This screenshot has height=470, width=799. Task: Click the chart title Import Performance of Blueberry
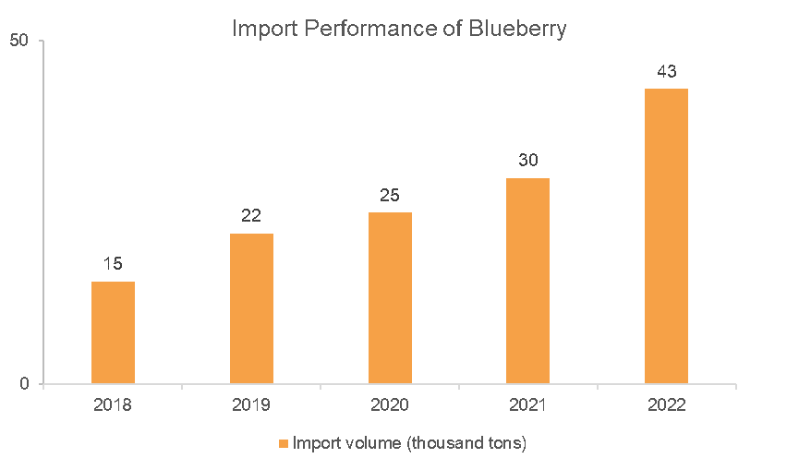[x=399, y=29]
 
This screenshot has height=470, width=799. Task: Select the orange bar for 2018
[x=113, y=332]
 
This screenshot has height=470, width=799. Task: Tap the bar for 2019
[x=252, y=308]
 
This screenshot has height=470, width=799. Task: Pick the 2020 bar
[x=391, y=298]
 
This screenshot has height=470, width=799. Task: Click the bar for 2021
[x=528, y=281]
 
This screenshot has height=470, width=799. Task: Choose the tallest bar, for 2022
[x=667, y=236]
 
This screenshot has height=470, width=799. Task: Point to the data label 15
[x=113, y=263]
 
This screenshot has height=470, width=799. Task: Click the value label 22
[x=251, y=215]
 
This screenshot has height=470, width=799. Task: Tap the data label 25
[x=390, y=195]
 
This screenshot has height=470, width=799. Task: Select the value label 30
[x=528, y=160]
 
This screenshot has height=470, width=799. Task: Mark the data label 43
[x=667, y=71]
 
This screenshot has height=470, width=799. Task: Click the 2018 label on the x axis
[x=113, y=404]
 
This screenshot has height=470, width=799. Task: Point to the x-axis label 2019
[x=251, y=404]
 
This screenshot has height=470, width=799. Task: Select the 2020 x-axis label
[x=390, y=404]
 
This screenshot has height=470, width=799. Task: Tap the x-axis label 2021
[x=528, y=404]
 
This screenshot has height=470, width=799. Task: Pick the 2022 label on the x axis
[x=667, y=404]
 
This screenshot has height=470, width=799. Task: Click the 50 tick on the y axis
[x=19, y=41]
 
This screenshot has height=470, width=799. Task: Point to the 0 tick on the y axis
[x=24, y=383]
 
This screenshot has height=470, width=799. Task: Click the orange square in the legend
[x=284, y=443]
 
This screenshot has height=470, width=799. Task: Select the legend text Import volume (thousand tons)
[x=410, y=443]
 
